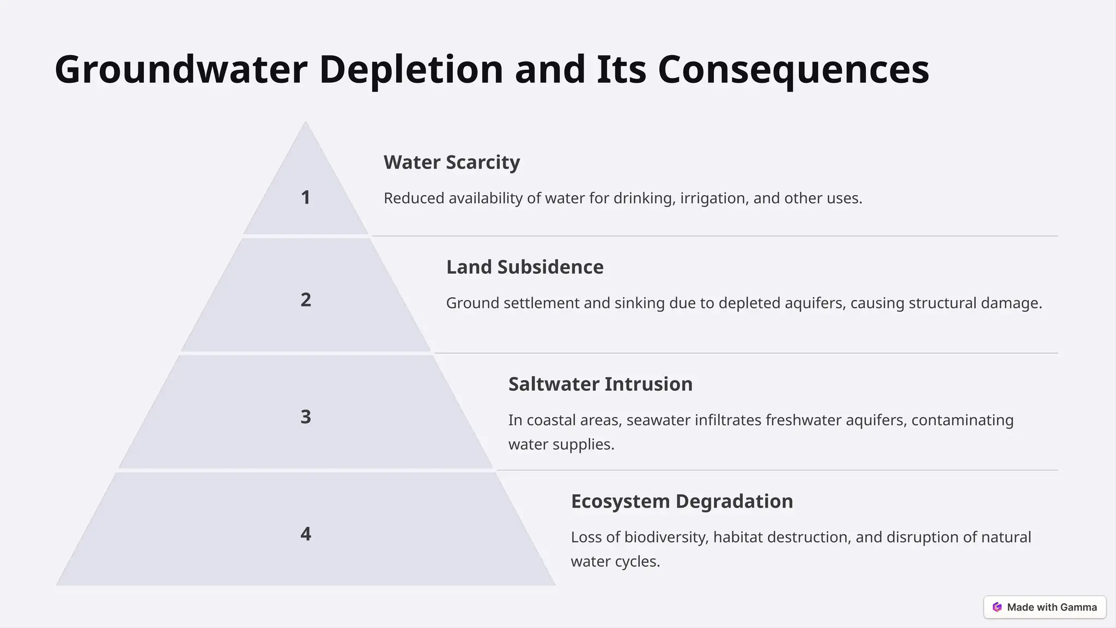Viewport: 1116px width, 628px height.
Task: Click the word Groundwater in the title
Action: [181, 70]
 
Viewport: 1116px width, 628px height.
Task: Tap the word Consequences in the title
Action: [793, 70]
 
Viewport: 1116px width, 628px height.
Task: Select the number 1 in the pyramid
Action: [306, 197]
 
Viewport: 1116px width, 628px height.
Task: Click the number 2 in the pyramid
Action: [306, 300]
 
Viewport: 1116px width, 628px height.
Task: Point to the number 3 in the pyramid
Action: [306, 417]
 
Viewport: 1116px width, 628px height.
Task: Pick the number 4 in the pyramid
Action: [306, 534]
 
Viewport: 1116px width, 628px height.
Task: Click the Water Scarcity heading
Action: [452, 162]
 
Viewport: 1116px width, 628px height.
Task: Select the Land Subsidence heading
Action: [525, 267]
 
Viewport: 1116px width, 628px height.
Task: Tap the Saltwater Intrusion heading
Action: [601, 384]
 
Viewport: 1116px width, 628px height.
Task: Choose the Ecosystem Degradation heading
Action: [682, 502]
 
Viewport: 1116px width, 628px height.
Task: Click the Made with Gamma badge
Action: [1045, 607]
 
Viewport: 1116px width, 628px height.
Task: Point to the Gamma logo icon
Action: [997, 607]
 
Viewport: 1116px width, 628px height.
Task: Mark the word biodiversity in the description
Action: [666, 538]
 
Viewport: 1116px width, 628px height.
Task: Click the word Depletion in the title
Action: [411, 70]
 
